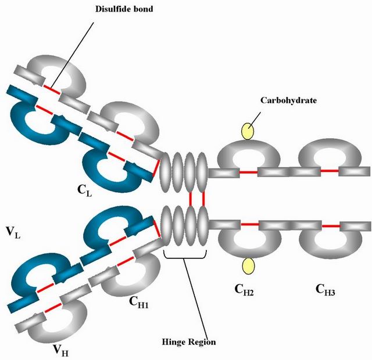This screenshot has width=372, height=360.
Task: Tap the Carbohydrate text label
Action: coord(288,100)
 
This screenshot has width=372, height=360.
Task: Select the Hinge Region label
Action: coord(188,342)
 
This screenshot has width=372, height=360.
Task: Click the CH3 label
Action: coord(325,289)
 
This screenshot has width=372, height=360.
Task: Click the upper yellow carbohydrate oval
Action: coord(248,131)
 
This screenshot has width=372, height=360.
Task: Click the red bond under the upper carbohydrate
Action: coord(248,172)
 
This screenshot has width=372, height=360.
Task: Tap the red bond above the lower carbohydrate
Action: coord(249,224)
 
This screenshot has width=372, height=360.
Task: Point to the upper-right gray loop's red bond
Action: coord(330,172)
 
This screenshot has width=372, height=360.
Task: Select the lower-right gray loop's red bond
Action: coord(330,225)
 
